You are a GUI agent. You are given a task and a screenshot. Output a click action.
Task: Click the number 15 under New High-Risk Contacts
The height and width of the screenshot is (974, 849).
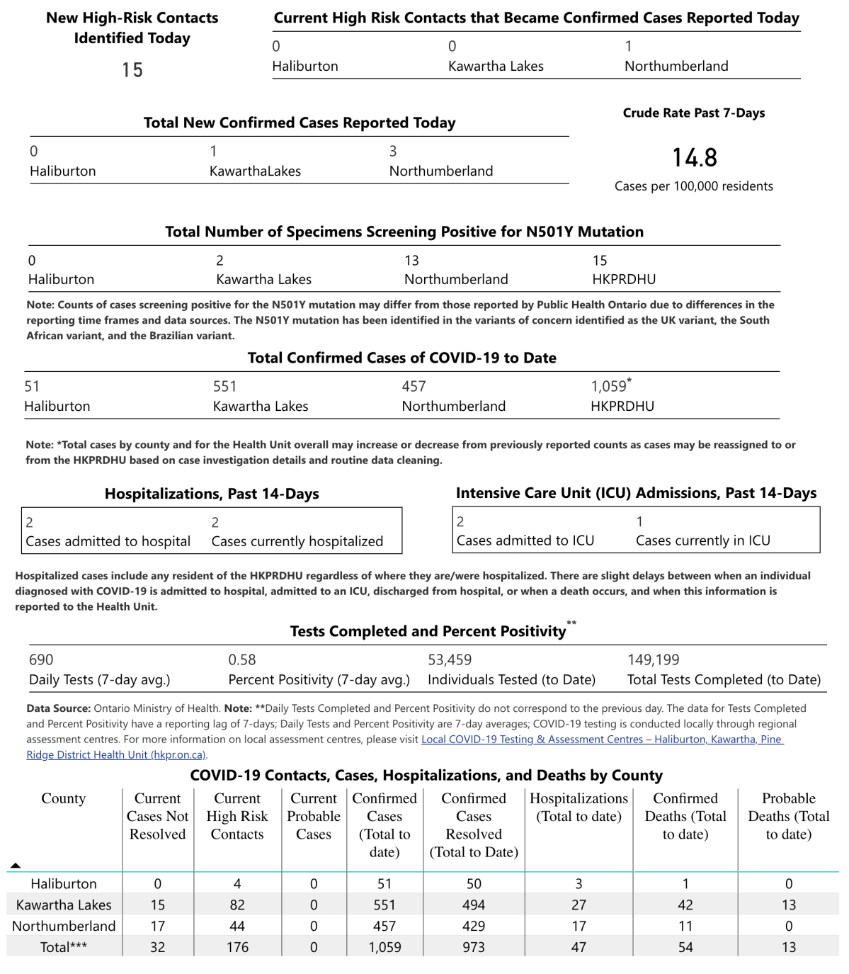click(132, 70)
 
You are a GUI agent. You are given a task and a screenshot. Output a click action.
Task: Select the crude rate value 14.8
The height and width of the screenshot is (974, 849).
click(694, 157)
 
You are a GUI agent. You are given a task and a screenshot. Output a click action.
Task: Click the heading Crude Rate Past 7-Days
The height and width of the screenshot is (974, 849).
click(693, 113)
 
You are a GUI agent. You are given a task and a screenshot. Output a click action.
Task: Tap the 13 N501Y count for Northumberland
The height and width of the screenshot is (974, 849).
click(411, 261)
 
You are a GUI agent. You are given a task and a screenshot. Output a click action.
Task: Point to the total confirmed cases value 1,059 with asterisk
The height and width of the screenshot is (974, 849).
click(610, 386)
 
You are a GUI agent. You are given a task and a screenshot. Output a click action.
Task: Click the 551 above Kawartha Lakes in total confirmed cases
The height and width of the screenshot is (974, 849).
click(224, 386)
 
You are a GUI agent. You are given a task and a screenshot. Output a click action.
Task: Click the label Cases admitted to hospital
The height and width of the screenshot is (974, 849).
click(108, 541)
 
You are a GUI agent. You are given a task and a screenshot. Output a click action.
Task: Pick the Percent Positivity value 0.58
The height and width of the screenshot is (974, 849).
click(241, 659)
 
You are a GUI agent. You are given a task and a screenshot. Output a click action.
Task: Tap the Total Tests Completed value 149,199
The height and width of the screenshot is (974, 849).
click(653, 659)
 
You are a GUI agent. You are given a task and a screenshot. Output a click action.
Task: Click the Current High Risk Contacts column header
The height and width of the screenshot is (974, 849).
click(237, 816)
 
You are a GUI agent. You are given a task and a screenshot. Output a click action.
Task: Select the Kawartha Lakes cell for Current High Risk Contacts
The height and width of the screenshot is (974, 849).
click(237, 905)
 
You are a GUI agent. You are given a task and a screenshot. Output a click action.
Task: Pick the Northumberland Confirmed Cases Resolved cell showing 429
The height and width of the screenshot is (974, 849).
click(474, 926)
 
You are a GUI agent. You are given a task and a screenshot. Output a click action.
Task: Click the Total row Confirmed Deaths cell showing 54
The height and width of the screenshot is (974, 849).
click(685, 947)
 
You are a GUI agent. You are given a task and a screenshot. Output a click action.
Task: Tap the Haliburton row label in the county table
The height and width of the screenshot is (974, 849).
click(64, 883)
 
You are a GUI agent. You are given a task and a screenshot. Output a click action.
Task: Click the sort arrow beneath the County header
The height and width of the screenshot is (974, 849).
click(16, 866)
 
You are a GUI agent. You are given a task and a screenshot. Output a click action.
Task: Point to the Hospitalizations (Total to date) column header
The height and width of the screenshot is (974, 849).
click(579, 807)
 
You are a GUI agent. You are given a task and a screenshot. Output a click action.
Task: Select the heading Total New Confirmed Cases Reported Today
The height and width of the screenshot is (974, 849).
click(300, 123)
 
